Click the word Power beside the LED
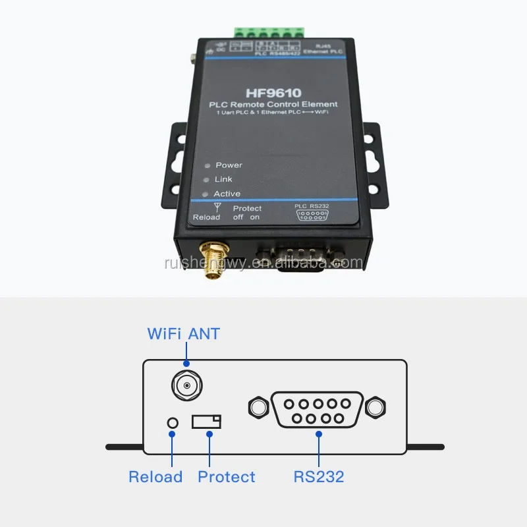229,165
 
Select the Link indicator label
223,179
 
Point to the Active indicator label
227,194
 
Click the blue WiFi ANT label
183,333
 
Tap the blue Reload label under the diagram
155,477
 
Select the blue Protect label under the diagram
226,477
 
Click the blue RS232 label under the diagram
319,477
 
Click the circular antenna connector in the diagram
186,385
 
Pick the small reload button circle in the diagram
173,422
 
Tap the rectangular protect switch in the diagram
207,422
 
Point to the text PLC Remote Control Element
273,104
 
